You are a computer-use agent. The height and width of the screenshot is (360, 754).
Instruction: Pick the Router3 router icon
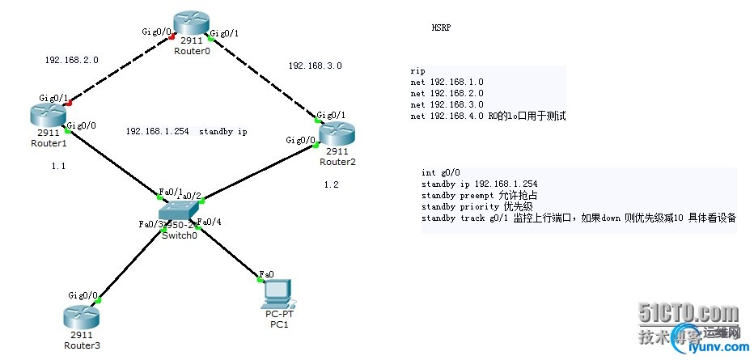coord(80,318)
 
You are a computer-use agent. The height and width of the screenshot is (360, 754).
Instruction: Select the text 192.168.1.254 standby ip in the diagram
coord(186,131)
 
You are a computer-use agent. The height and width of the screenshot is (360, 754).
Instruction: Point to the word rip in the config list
coord(417,71)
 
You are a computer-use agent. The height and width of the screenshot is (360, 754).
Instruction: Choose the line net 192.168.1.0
coord(447,83)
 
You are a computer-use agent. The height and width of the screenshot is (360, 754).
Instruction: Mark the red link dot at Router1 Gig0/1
coord(70,104)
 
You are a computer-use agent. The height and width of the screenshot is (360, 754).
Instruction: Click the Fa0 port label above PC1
coord(266,273)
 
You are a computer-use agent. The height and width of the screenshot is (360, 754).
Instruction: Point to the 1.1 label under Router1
coord(57,166)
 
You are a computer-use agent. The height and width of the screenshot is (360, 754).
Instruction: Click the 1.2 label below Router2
coord(331,185)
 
